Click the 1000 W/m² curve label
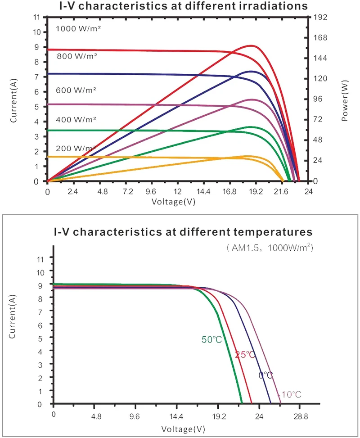pos(78,28)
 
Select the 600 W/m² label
pos(76,90)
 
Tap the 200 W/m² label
pos(76,149)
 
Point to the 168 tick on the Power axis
pos(320,37)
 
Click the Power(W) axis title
pos(345,100)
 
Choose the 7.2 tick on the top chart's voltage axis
pos(128,192)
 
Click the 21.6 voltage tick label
pos(281,192)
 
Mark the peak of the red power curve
pos(252,45)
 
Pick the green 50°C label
pos(211,339)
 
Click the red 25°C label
pos(245,354)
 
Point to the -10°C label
pos(290,394)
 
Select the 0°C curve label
pos(265,375)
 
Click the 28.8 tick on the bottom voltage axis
pos(301,417)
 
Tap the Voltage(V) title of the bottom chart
pos(183,429)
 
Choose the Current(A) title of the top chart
pos(13,100)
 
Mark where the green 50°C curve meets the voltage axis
pos(242,403)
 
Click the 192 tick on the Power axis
pos(320,17)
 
